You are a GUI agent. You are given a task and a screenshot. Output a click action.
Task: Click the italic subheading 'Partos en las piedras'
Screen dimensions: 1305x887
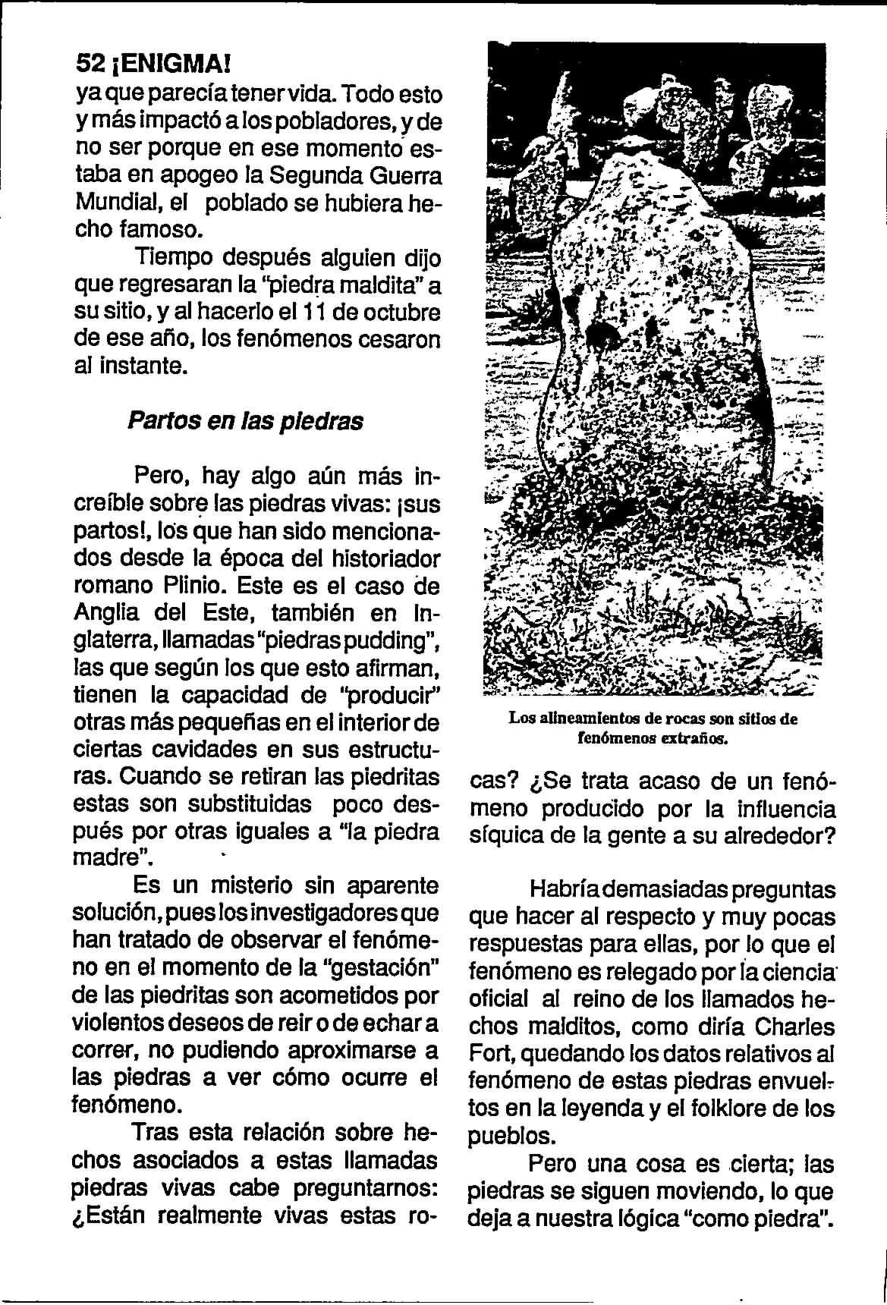click(x=244, y=421)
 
